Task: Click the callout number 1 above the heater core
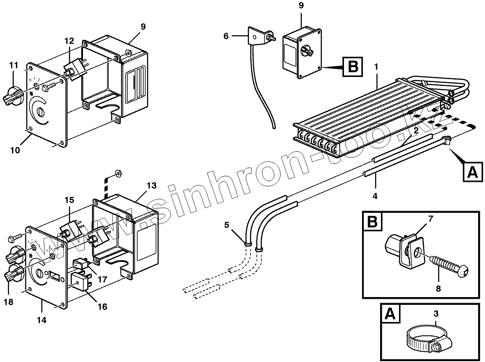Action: tap(376, 67)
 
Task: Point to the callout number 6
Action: tap(226, 36)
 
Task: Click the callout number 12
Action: tap(69, 41)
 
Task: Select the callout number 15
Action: tap(69, 200)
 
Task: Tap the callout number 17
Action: tap(102, 279)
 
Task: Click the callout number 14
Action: tap(42, 320)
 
